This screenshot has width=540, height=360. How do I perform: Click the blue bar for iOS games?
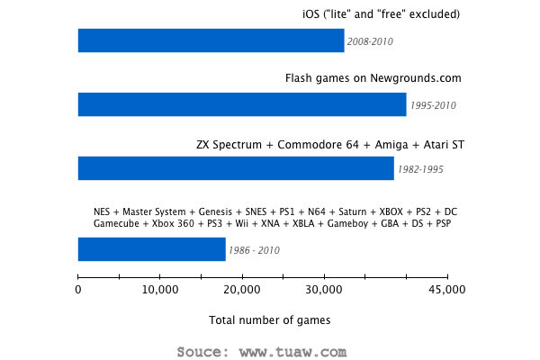click(211, 40)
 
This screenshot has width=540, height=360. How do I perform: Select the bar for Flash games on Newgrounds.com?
click(242, 104)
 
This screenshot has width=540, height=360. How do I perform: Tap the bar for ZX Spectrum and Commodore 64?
click(236, 168)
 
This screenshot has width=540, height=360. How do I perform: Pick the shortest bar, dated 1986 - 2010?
click(151, 249)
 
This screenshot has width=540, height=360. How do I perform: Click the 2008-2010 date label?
click(370, 41)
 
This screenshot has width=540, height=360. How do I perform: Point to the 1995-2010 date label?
click(433, 105)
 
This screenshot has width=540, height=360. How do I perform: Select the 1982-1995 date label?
click(420, 169)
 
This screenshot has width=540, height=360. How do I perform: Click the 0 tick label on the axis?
click(78, 290)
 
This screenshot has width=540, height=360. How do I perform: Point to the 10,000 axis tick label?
click(159, 290)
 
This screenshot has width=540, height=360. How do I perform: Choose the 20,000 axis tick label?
click(242, 290)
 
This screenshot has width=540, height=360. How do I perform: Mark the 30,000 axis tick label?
click(323, 290)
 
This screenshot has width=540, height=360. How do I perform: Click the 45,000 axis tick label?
click(446, 290)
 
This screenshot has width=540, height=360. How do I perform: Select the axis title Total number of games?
click(269, 320)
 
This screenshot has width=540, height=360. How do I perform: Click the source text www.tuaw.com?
click(301, 350)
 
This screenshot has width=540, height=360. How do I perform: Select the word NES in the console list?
click(103, 211)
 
